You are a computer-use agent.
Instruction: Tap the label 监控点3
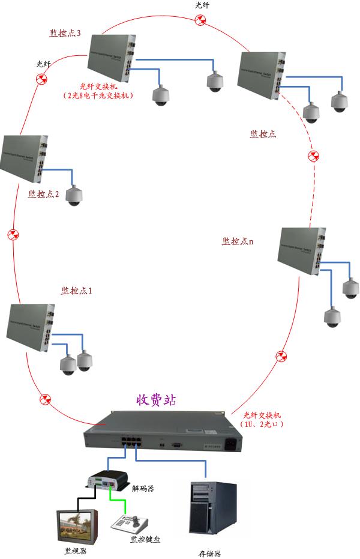point(65,32)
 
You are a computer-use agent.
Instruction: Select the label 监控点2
point(43,195)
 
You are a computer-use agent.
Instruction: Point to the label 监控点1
point(77,291)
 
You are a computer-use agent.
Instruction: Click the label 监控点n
point(238,241)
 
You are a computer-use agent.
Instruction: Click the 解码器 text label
point(143,488)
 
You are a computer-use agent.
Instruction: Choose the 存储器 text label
point(210,553)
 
